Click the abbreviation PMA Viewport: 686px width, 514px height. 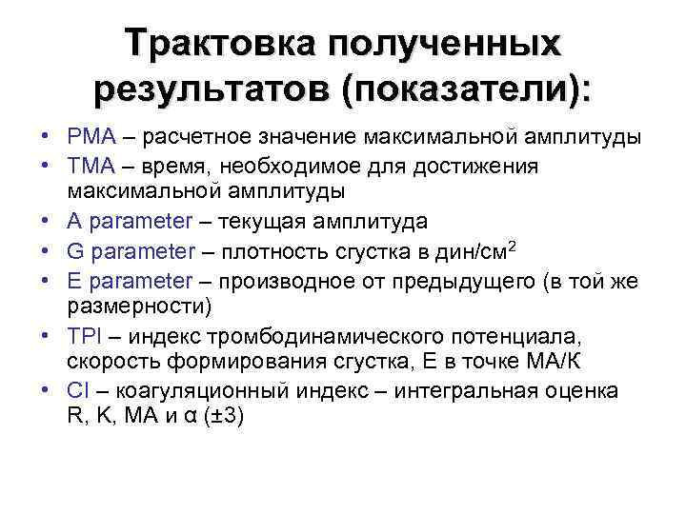89,138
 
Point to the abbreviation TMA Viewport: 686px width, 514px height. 89,167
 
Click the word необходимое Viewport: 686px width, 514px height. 292,167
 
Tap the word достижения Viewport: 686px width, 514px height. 477,167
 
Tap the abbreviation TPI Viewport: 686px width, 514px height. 83,336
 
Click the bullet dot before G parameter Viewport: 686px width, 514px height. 47,252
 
